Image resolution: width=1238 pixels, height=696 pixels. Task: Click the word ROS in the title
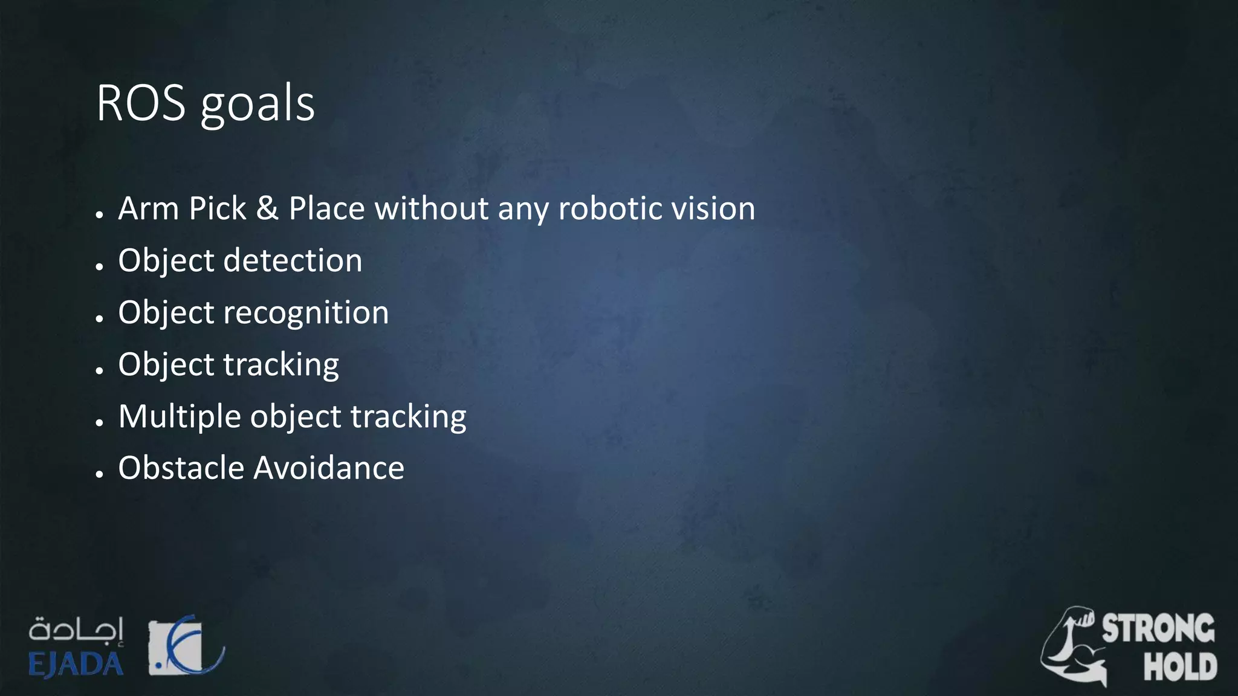141,103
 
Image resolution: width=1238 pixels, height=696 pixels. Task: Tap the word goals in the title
258,106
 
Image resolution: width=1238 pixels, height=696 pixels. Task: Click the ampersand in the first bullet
267,208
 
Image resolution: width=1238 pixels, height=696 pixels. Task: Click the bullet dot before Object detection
100,266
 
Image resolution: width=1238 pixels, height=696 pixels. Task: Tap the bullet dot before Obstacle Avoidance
100,474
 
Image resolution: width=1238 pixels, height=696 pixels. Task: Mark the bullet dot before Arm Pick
100,214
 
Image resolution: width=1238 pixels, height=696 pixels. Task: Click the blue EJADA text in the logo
76,665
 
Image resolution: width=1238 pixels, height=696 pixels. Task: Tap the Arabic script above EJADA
76,630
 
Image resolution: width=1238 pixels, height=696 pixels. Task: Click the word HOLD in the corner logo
1180,666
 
